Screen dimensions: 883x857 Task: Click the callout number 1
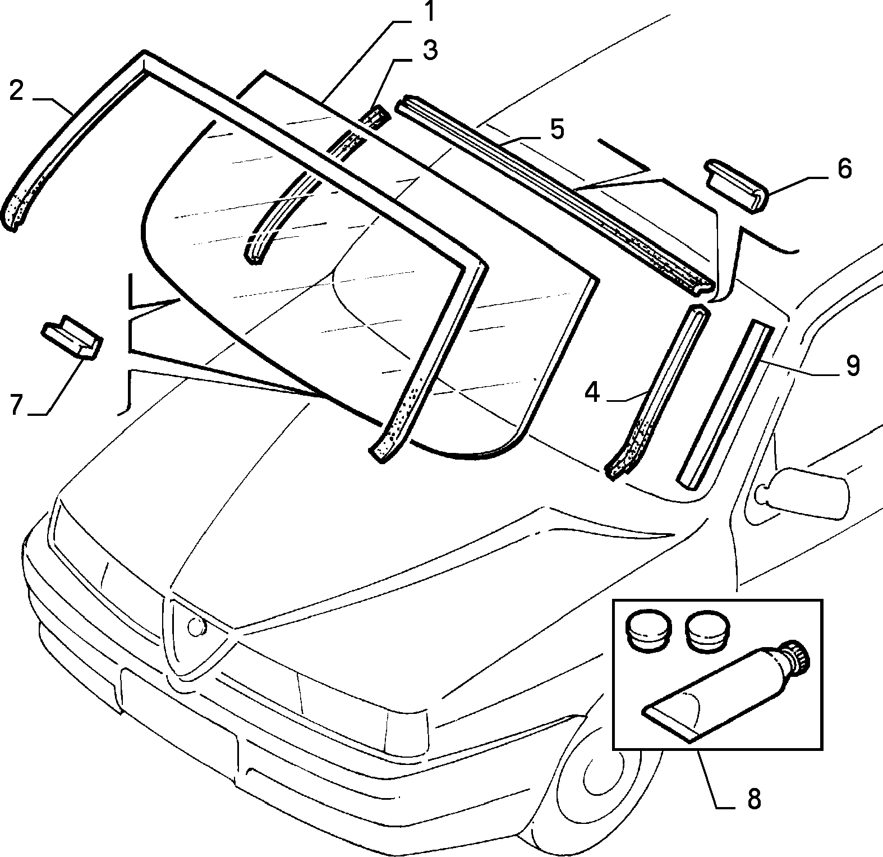[x=429, y=12]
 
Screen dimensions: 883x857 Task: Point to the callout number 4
[x=592, y=392]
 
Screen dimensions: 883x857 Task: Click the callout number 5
[x=556, y=129]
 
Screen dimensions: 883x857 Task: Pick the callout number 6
[x=844, y=168]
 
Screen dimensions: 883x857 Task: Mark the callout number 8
[x=753, y=798]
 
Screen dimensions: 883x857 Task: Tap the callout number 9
[x=852, y=366]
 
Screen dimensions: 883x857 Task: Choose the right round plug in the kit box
[x=706, y=631]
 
